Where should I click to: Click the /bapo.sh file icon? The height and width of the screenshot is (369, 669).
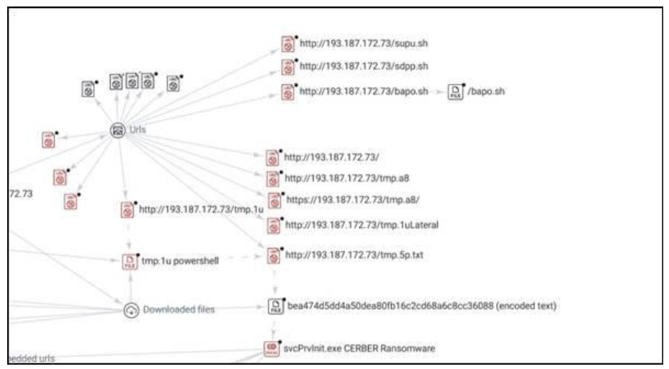coord(455,92)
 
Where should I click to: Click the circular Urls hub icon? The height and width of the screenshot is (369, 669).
coord(117,130)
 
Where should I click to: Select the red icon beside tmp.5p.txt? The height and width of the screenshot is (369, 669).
coord(273,255)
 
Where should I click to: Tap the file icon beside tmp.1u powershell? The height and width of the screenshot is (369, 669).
coord(130,262)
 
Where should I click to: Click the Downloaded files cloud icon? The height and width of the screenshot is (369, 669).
coord(130,310)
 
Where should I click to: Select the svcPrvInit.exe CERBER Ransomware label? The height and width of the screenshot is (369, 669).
coord(360,349)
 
